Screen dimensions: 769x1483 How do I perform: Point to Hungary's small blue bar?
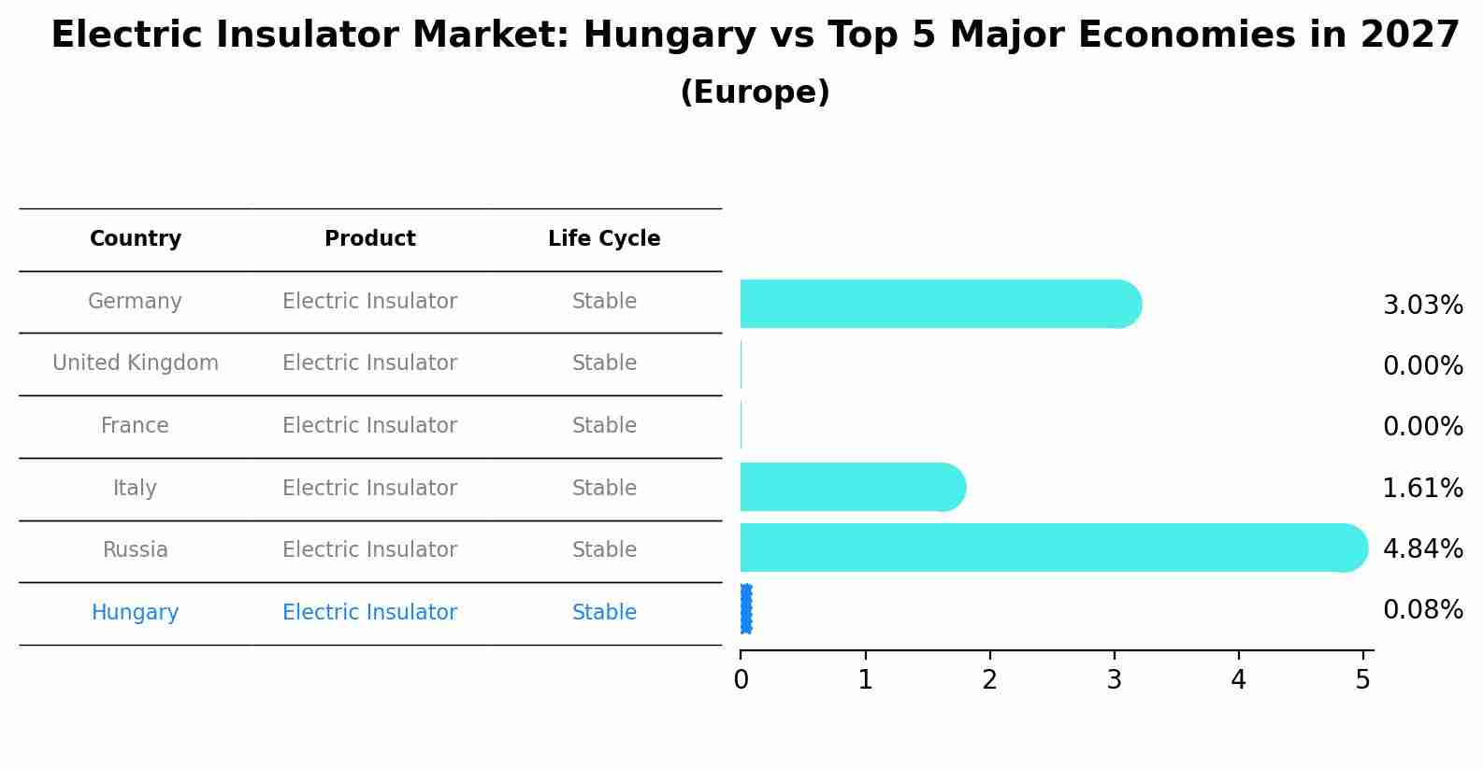[x=745, y=609]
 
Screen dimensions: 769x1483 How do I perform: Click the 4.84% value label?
[x=1422, y=548]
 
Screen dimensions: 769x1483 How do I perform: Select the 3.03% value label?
[x=1422, y=306]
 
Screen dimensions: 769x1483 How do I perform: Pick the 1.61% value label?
[x=1422, y=488]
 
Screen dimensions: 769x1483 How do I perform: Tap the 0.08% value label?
[x=1422, y=610]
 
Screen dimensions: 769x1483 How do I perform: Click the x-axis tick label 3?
[x=1114, y=680]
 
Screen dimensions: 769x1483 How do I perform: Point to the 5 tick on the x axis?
[x=1362, y=680]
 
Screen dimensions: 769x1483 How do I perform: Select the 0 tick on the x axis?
[x=741, y=680]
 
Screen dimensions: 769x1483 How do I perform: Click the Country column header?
[x=136, y=239]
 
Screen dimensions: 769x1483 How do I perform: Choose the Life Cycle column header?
[x=604, y=239]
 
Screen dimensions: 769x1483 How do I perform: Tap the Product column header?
[x=369, y=239]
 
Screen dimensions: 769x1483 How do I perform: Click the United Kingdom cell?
[x=136, y=363]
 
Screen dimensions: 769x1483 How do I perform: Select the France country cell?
[x=135, y=426]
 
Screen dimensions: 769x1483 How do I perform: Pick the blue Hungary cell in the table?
[x=135, y=613]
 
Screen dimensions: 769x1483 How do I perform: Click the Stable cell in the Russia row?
[x=604, y=550]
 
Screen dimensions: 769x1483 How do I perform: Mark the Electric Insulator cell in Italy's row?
[x=369, y=489]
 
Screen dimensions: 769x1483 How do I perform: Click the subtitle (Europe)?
[x=755, y=93]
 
